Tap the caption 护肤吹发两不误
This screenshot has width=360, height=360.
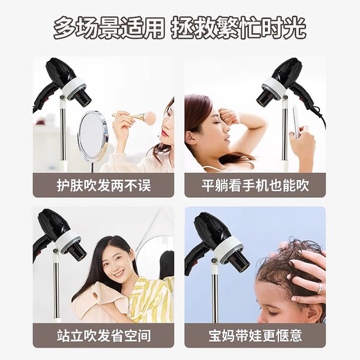pyautogui.click(x=103, y=186)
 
